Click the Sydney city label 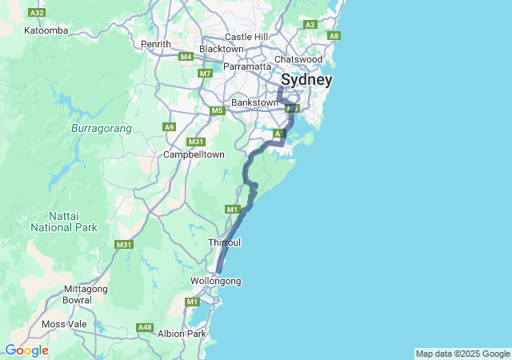(x=306, y=80)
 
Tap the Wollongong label (x=215, y=281)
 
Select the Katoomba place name (x=46, y=30)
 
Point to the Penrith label (x=156, y=44)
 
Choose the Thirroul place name (x=224, y=242)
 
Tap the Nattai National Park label (x=64, y=222)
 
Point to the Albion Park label (x=182, y=333)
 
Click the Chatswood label (x=298, y=59)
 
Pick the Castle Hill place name (x=246, y=37)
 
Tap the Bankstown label (x=254, y=102)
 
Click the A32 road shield (x=36, y=13)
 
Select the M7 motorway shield (x=206, y=74)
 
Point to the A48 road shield (x=145, y=327)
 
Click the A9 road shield (x=169, y=126)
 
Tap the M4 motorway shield (x=186, y=56)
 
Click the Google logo (x=26, y=350)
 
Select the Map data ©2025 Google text (x=462, y=354)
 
